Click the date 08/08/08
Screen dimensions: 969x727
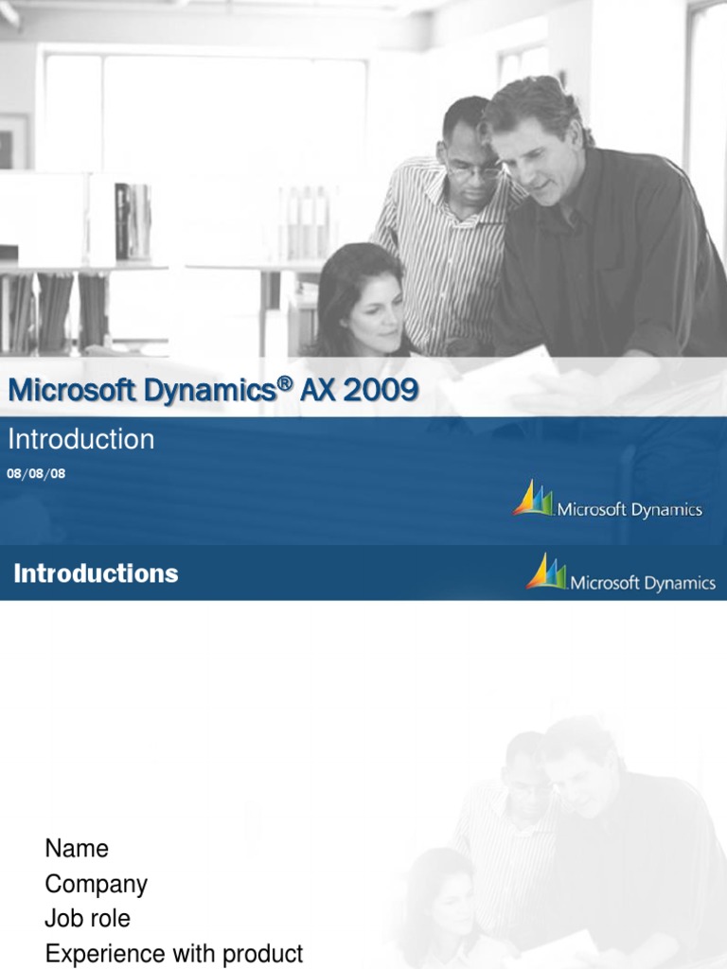point(36,473)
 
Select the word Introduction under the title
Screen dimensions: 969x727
point(80,439)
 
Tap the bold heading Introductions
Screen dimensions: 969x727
point(96,573)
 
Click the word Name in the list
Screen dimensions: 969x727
point(77,849)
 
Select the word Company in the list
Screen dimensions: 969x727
point(96,885)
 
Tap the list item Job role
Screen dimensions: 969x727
point(87,919)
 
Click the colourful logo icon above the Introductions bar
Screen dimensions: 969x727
point(533,499)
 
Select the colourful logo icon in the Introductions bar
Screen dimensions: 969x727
point(546,573)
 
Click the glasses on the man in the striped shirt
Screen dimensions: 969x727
point(472,171)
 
